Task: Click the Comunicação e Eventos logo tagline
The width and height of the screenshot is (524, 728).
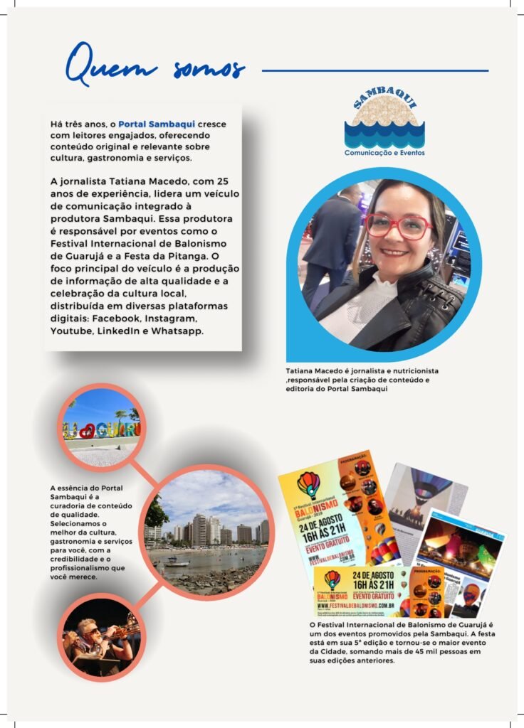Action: click(x=384, y=153)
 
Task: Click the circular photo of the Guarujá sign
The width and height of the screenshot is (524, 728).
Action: click(x=101, y=427)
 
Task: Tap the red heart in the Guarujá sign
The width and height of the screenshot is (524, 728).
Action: click(x=86, y=431)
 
